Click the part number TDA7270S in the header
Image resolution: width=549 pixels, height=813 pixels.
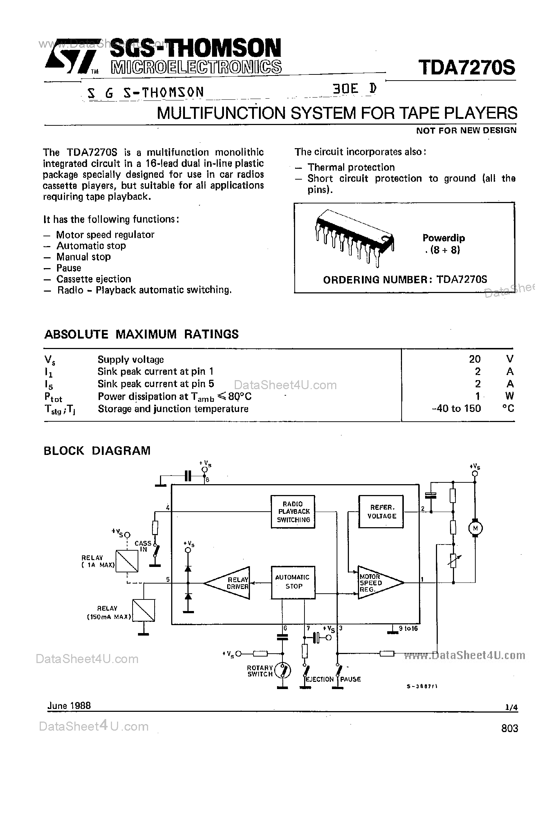tap(467, 68)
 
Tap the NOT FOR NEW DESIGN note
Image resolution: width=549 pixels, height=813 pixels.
tap(466, 130)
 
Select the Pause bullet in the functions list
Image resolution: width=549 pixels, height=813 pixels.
tap(69, 268)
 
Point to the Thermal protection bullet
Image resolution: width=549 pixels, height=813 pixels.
tap(351, 167)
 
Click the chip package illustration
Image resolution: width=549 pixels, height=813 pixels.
tap(354, 237)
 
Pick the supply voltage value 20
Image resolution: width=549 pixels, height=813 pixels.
tap(475, 359)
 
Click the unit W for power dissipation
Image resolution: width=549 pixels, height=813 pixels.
tap(510, 396)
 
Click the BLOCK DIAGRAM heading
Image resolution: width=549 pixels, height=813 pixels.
tap(97, 451)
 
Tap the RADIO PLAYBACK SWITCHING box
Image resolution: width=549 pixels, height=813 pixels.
tap(293, 512)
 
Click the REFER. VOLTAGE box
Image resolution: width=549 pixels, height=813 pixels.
tap(381, 512)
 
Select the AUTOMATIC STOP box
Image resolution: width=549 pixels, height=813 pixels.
tap(293, 582)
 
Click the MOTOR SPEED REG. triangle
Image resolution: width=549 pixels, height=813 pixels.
tap(377, 582)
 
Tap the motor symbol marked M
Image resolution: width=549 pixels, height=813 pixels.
tap(475, 528)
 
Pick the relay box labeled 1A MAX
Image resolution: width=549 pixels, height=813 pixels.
tap(127, 561)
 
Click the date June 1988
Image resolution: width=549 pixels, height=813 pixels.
tap(69, 706)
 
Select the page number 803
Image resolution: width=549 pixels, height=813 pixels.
tap(510, 728)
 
